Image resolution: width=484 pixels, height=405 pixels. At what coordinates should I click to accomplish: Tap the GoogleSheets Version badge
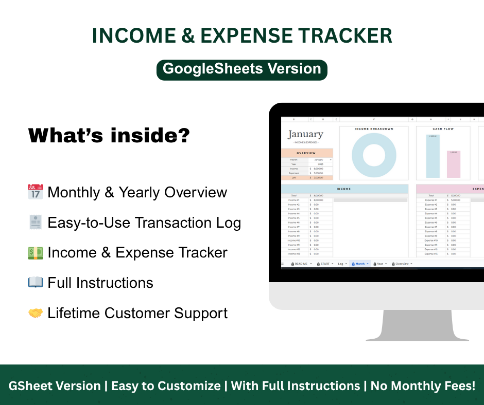click(x=242, y=69)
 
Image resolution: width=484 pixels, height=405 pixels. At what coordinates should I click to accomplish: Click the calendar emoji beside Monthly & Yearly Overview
click(x=35, y=192)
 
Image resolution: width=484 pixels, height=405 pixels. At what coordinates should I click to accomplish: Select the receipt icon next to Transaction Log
click(x=35, y=223)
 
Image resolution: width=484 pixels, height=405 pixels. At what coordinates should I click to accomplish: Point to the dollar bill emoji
click(x=35, y=253)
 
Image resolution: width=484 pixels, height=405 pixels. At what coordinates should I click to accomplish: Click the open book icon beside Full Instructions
click(x=35, y=283)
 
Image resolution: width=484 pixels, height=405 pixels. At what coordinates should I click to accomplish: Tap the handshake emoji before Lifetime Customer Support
click(x=35, y=313)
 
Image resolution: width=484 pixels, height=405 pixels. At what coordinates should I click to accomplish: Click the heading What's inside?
click(x=109, y=136)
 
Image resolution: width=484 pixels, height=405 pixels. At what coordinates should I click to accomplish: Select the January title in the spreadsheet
click(x=305, y=135)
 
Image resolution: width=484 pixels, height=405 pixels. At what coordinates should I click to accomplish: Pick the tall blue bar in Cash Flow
click(x=433, y=156)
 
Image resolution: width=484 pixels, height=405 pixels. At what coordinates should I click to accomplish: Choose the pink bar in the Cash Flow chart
click(x=453, y=164)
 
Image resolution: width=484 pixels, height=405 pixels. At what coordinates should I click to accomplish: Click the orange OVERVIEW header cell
click(x=306, y=153)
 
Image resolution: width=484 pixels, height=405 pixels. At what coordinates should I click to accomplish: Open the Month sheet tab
click(x=360, y=264)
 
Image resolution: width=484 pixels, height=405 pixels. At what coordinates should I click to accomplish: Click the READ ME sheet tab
click(x=301, y=264)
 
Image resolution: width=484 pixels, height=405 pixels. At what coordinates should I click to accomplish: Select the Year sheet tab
click(x=380, y=264)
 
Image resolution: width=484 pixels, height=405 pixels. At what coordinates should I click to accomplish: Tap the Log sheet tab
click(x=341, y=264)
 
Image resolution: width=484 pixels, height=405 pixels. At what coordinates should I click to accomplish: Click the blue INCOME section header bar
click(x=344, y=189)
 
